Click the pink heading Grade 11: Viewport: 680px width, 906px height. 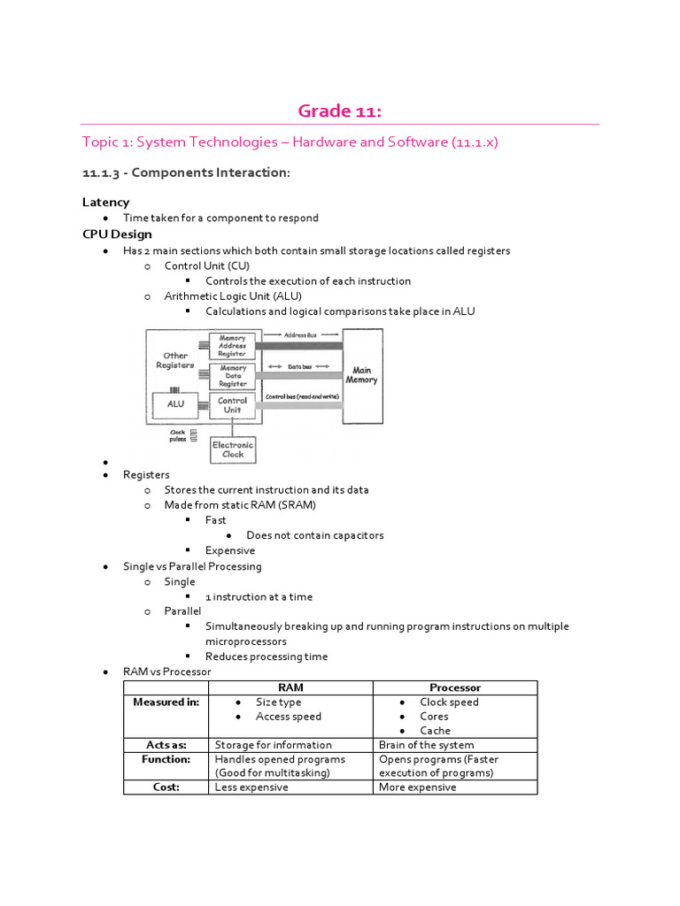click(339, 111)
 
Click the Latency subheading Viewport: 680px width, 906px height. click(105, 202)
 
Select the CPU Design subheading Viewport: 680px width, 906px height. click(117, 234)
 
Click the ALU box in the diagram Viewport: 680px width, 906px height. click(175, 404)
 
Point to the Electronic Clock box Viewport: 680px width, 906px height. click(233, 449)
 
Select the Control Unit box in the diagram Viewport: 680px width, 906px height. click(233, 405)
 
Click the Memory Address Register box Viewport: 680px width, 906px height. click(233, 345)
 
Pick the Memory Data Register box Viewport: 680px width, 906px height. click(233, 376)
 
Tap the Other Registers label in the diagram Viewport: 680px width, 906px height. click(175, 360)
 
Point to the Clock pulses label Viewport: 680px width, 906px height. click(178, 435)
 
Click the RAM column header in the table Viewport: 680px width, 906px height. click(290, 687)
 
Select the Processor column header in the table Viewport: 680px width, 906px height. click(454, 687)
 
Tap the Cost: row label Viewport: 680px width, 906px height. click(166, 787)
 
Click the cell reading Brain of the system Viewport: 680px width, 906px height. click(426, 744)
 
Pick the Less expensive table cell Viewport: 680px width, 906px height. click(251, 787)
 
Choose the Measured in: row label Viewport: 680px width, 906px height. click(166, 702)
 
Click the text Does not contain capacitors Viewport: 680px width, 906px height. click(314, 535)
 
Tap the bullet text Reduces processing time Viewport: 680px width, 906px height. click(267, 656)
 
